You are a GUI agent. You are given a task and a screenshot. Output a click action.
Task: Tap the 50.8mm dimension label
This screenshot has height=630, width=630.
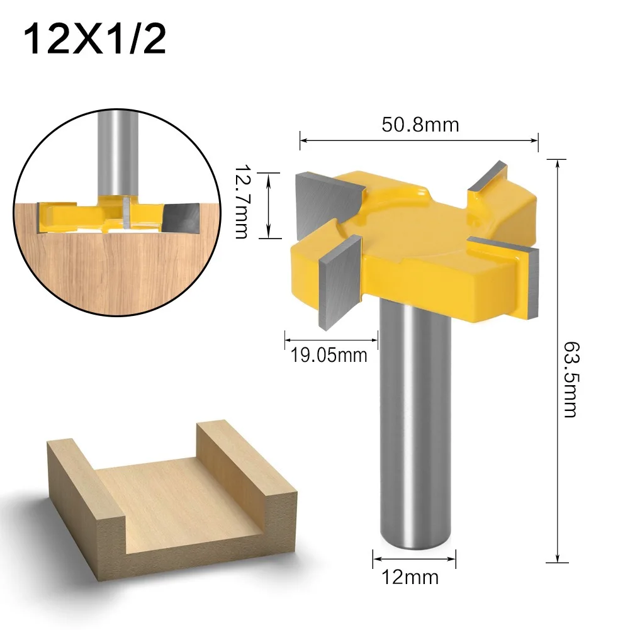(420, 125)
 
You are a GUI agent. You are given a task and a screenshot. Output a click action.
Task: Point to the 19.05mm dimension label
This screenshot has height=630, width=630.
(329, 356)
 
